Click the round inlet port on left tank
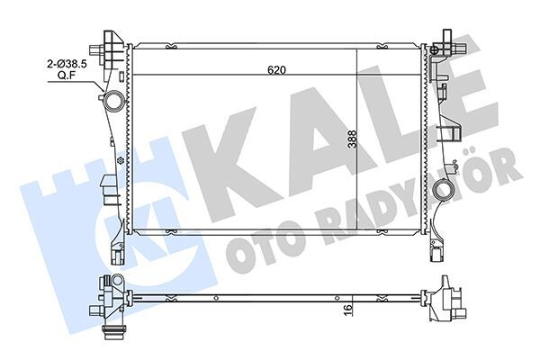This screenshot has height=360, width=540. click(113, 99)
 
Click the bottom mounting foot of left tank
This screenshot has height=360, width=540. click(113, 244)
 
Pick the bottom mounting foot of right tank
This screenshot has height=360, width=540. click(438, 243)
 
